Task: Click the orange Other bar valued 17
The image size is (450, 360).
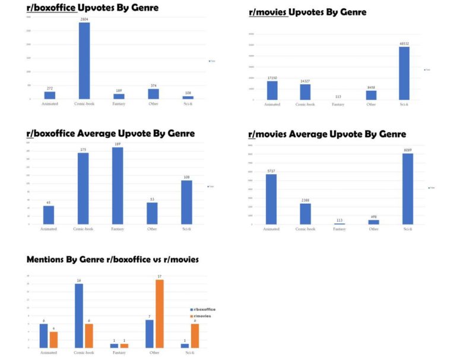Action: point(159,314)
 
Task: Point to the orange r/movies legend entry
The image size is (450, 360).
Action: point(202,315)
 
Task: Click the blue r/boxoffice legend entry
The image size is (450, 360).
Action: point(202,310)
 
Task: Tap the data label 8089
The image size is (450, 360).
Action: point(408,150)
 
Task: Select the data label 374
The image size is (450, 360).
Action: point(153,86)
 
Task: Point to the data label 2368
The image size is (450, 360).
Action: point(305,200)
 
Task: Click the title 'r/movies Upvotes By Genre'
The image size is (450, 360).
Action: point(307,12)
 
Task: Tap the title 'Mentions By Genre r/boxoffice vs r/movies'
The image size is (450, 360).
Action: point(113,260)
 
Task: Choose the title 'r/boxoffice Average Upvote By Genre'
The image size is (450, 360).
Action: point(110,134)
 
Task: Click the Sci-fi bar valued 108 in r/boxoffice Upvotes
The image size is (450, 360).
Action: point(188,97)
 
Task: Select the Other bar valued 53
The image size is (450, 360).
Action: point(153,213)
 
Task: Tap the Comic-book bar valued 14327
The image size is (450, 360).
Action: point(305,92)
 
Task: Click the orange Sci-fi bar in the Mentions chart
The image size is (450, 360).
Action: point(194,336)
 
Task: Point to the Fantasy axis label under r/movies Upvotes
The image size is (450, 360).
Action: point(338,105)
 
